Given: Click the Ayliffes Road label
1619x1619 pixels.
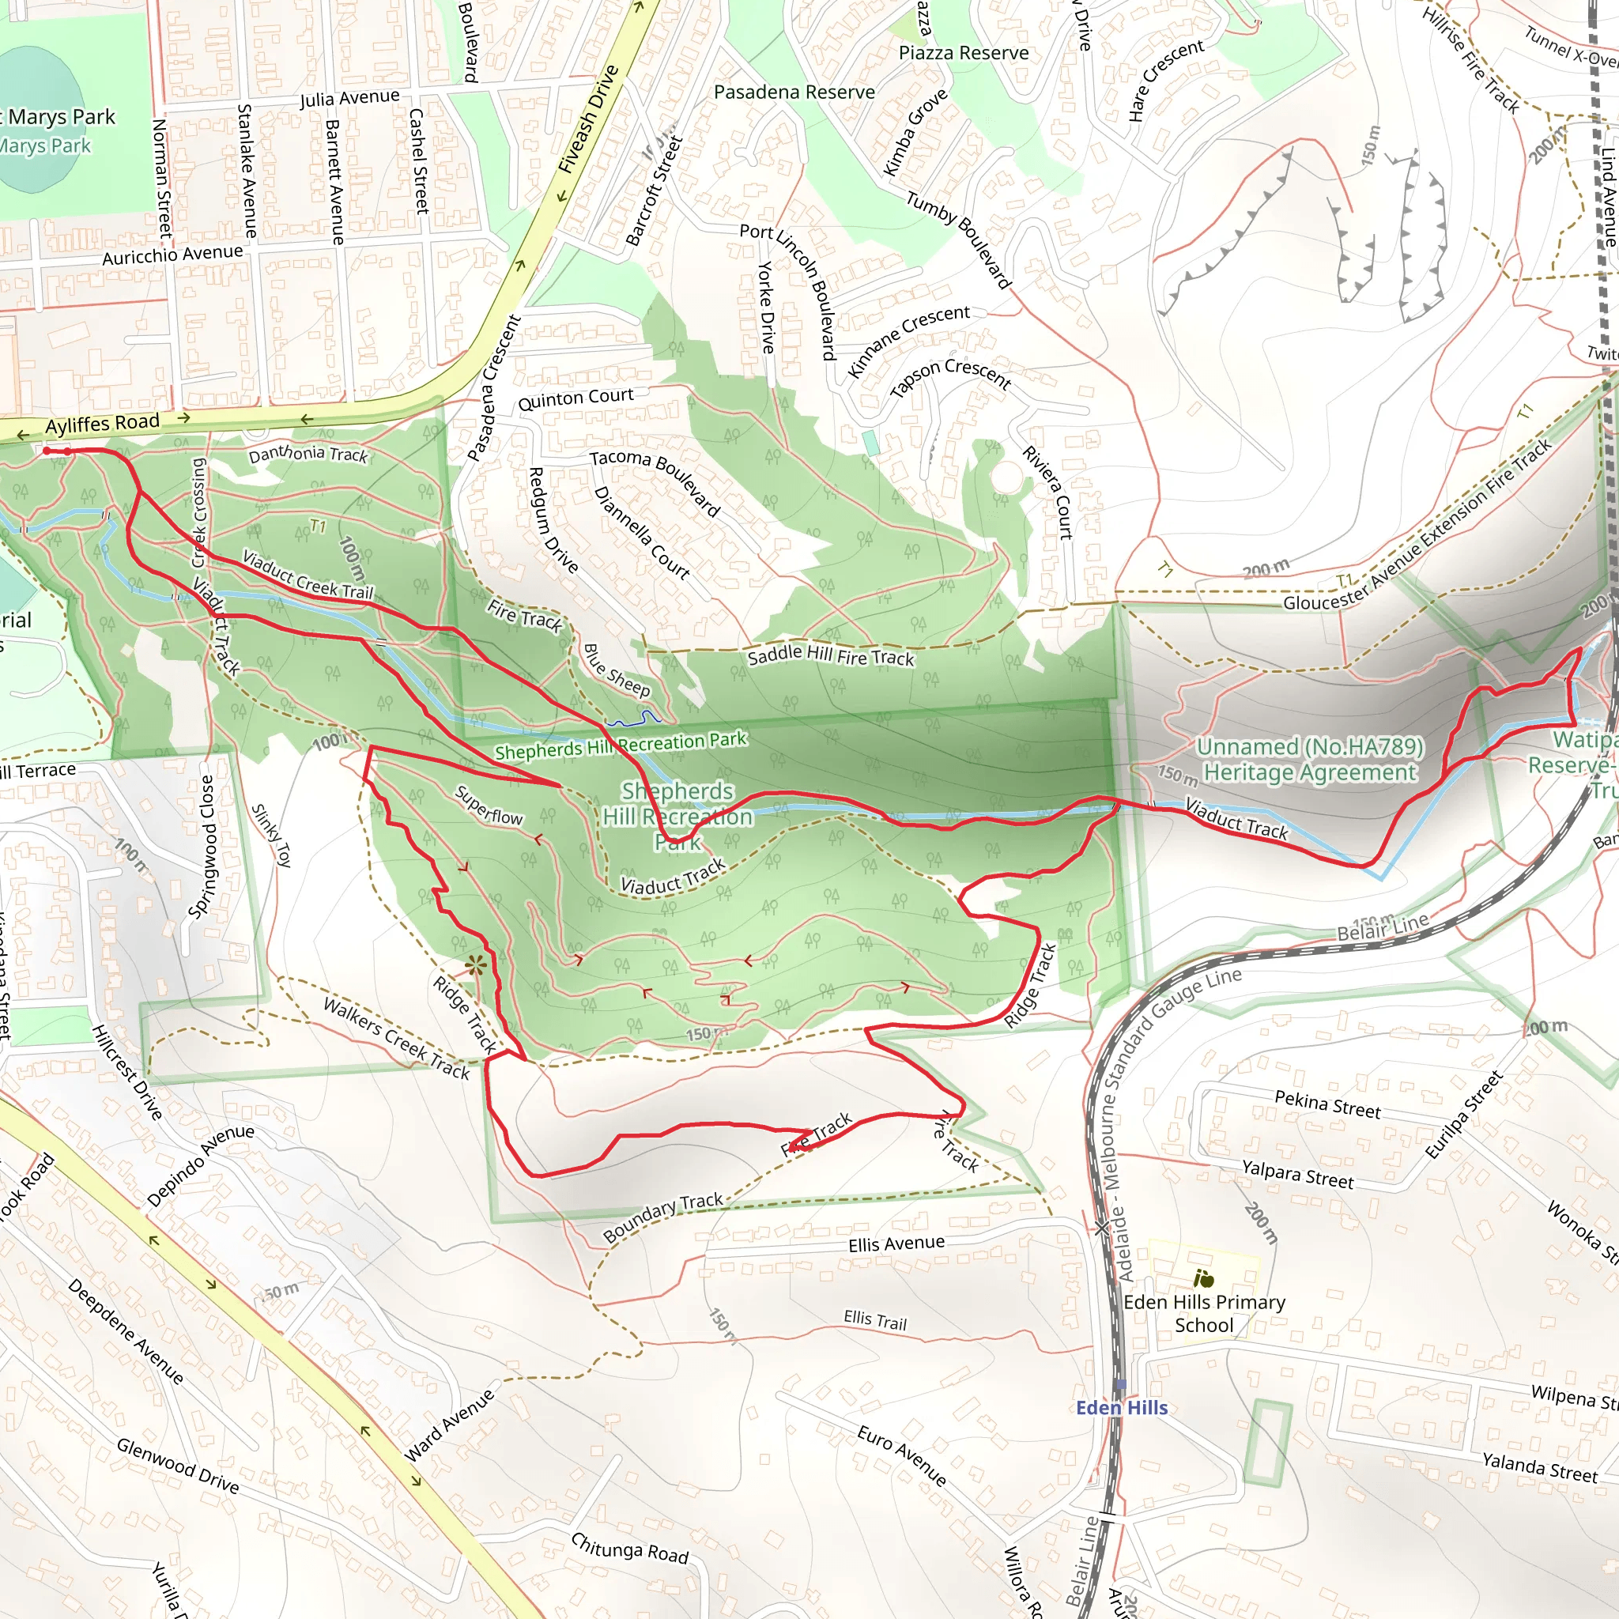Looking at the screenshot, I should pos(101,423).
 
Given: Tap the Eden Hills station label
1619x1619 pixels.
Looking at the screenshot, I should pos(1121,1408).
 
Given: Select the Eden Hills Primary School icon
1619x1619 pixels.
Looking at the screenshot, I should pos(1204,1279).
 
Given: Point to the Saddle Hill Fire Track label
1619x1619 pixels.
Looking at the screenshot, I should pos(831,656).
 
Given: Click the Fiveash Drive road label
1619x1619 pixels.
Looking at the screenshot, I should pos(588,119).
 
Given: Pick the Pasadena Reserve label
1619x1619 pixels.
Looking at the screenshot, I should pos(794,92).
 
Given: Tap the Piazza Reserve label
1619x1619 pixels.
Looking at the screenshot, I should pos(963,53).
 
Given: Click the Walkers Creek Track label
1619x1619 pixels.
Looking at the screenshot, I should pos(396,1037).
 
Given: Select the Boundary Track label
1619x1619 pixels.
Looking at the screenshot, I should pos(662,1217).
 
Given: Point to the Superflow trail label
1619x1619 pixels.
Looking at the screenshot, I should pos(489,806).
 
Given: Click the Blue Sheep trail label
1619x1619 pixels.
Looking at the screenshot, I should pos(617,670).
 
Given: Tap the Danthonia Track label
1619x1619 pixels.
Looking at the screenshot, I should pos(308,455).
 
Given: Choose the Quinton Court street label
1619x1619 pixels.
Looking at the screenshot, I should pos(576,398).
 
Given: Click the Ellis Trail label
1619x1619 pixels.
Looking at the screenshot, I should pos(875,1321).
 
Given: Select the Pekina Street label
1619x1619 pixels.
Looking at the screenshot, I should pos(1327,1104).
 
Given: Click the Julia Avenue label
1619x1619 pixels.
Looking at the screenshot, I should pos(349,99).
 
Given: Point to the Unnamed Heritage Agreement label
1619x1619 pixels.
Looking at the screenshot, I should pos(1309,759).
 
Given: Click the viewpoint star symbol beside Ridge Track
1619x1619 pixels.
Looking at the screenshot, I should pos(476,965).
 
